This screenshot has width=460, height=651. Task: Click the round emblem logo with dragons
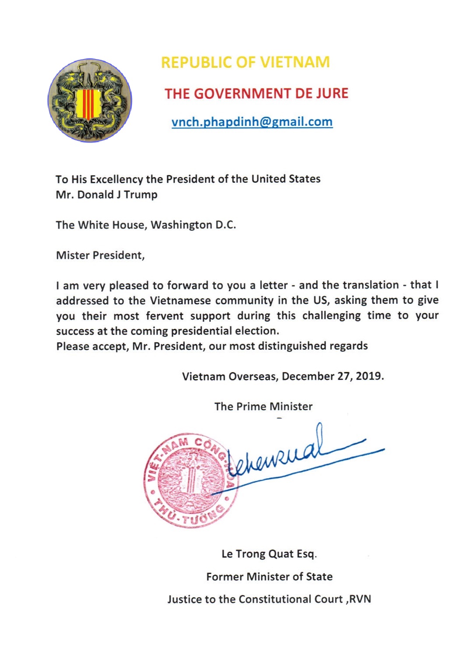tap(90, 100)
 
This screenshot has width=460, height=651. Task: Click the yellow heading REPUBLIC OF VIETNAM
tap(245, 63)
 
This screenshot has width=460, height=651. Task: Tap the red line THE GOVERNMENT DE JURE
tap(256, 94)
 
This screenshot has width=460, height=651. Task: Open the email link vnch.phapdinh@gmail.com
tap(252, 122)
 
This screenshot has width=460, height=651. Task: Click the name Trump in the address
tap(141, 195)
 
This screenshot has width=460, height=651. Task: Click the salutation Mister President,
tap(100, 255)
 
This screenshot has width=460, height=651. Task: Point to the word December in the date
tap(308, 376)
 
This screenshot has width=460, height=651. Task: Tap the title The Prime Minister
tap(263, 407)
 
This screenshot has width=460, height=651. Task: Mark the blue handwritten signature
tap(297, 459)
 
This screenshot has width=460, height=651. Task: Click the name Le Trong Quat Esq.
tap(269, 554)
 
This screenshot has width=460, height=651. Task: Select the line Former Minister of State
tap(269, 577)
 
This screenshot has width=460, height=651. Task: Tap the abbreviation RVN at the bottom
tap(360, 599)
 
